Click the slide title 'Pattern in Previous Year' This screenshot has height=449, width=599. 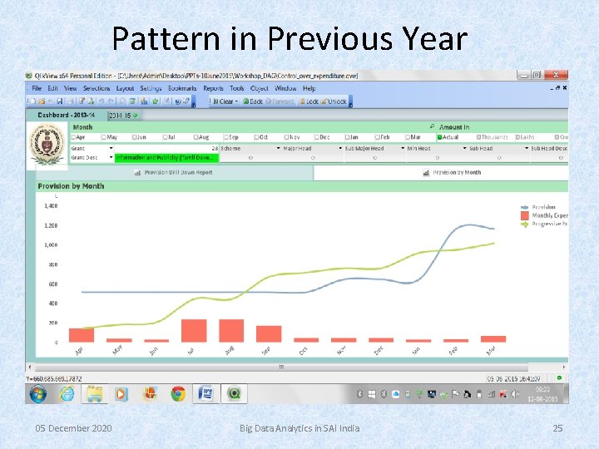pyautogui.click(x=290, y=38)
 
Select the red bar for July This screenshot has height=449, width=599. pyautogui.click(x=193, y=330)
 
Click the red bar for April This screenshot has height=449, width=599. pyautogui.click(x=81, y=334)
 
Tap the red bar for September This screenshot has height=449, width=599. pyautogui.click(x=268, y=333)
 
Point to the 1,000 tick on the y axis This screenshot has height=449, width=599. pyautogui.click(x=51, y=245)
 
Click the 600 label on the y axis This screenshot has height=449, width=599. pyautogui.click(x=52, y=284)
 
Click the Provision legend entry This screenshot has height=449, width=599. pyautogui.click(x=543, y=206)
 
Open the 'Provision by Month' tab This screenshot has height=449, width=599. pyautogui.click(x=457, y=172)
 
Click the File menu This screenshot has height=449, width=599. pyautogui.click(x=37, y=88)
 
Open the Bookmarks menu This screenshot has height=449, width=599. pyautogui.click(x=181, y=88)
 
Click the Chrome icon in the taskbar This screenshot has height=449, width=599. pyautogui.click(x=177, y=393)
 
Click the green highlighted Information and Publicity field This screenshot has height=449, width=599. pyautogui.click(x=166, y=157)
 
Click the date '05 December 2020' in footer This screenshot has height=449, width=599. pyautogui.click(x=73, y=428)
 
